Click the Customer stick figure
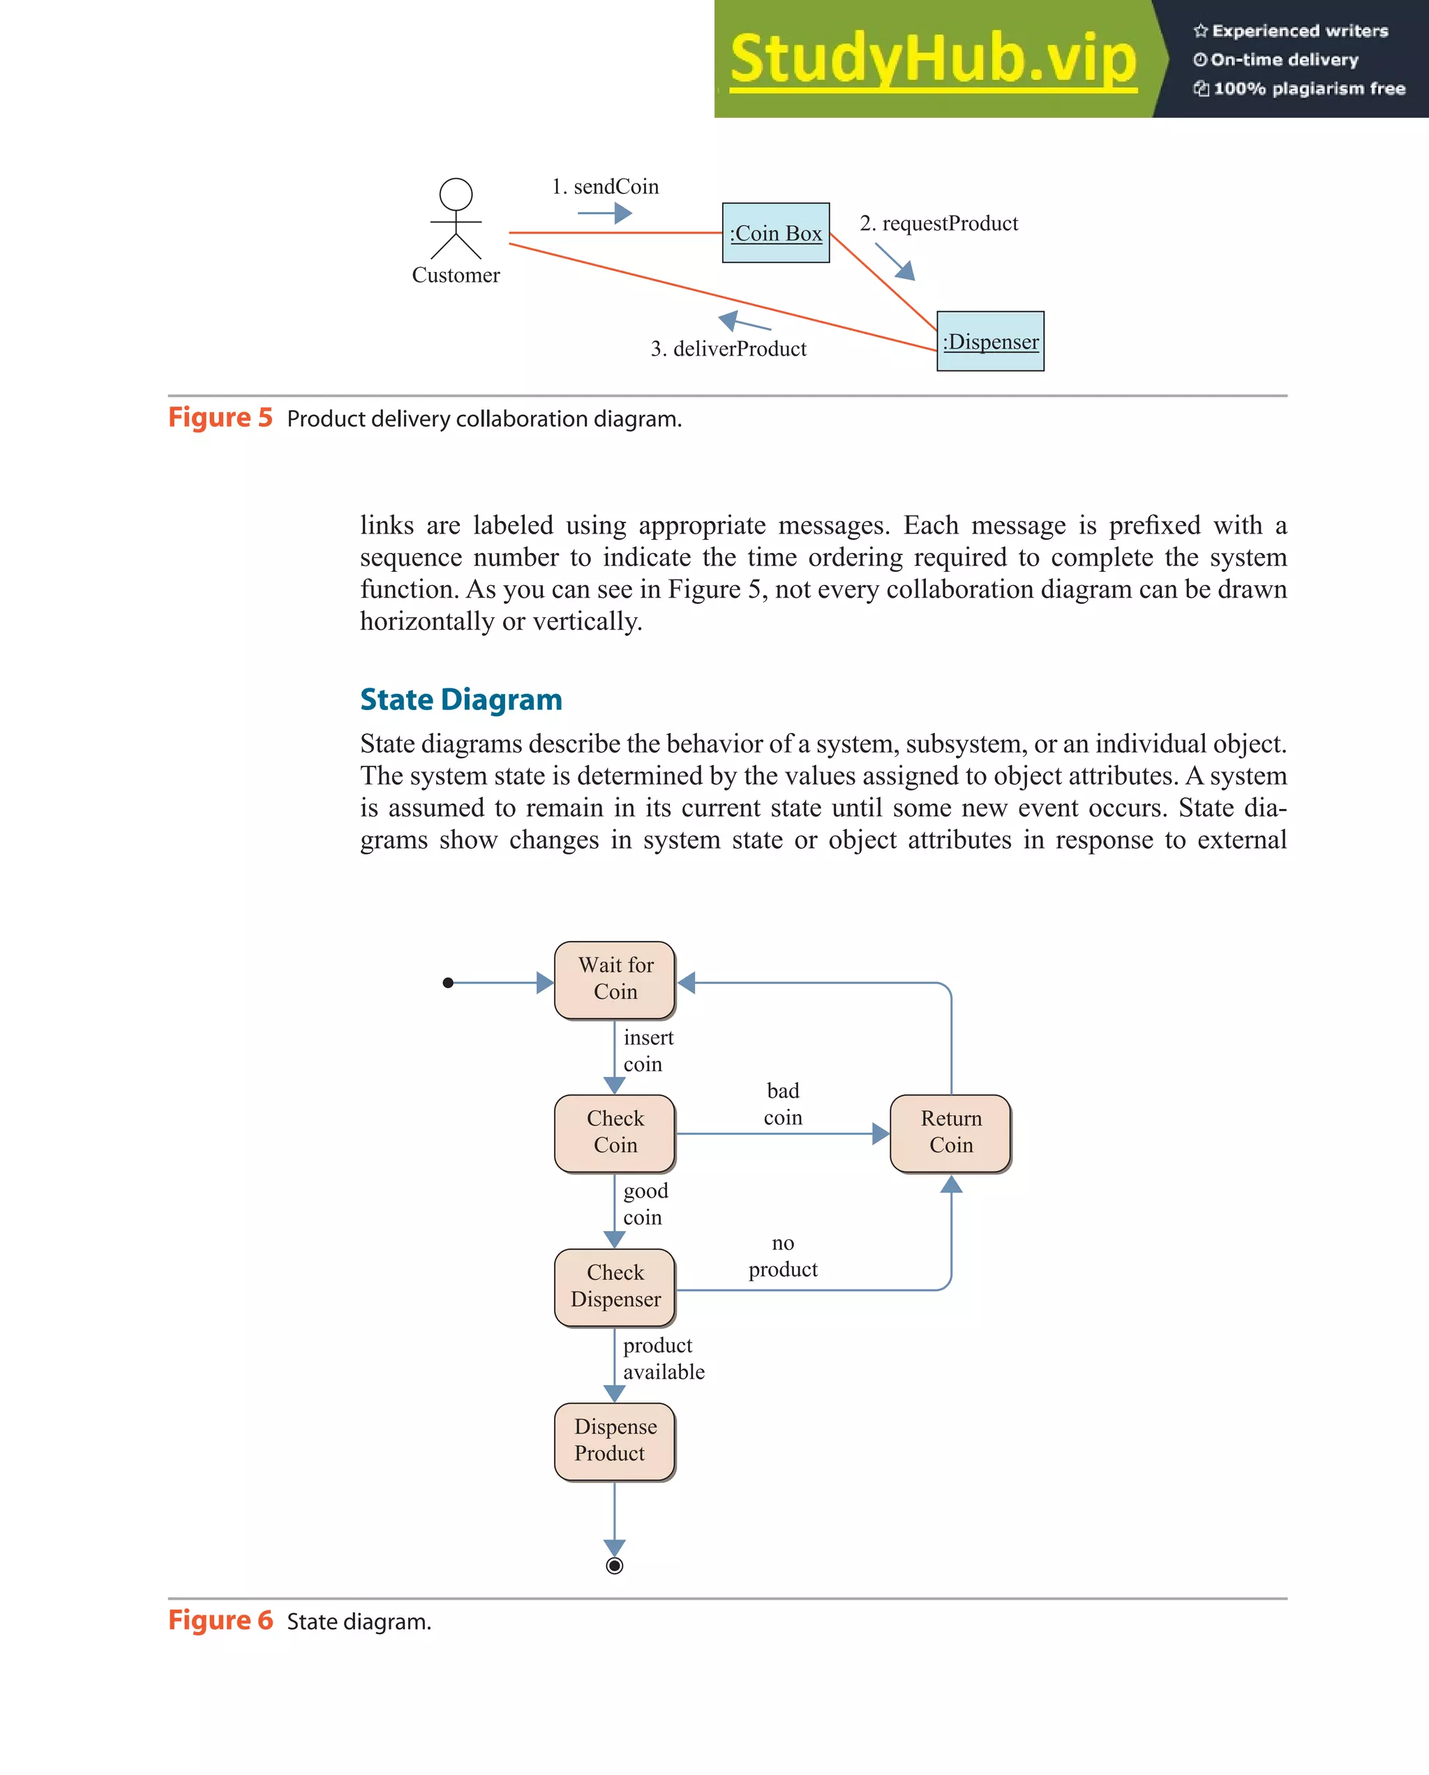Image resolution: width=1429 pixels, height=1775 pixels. [456, 219]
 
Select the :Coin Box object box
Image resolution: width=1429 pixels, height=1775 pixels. [776, 233]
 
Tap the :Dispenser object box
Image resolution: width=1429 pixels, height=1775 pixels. [990, 342]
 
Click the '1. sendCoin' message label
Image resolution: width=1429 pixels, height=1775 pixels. [606, 187]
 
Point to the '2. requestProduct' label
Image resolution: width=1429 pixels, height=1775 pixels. [939, 224]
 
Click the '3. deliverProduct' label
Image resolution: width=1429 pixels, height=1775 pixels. [728, 349]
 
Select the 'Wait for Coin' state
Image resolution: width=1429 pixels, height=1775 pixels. [615, 980]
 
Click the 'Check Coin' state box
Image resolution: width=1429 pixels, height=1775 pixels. [615, 1133]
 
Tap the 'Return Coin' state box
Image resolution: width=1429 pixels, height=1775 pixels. [950, 1133]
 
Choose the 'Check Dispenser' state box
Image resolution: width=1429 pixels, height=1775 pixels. [615, 1287]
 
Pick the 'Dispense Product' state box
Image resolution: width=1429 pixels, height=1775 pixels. [615, 1441]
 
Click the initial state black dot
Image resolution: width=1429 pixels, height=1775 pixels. [448, 982]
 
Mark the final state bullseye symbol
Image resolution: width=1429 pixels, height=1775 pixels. [615, 1566]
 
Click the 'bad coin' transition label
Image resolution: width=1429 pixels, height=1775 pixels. [782, 1105]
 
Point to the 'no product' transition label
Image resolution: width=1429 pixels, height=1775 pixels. [782, 1256]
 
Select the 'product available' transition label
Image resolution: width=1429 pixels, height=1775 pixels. [663, 1359]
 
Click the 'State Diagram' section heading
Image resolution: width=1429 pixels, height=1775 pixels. [461, 700]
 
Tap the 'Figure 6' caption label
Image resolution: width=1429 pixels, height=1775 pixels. [220, 1620]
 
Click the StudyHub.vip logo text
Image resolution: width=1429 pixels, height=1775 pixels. [933, 59]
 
